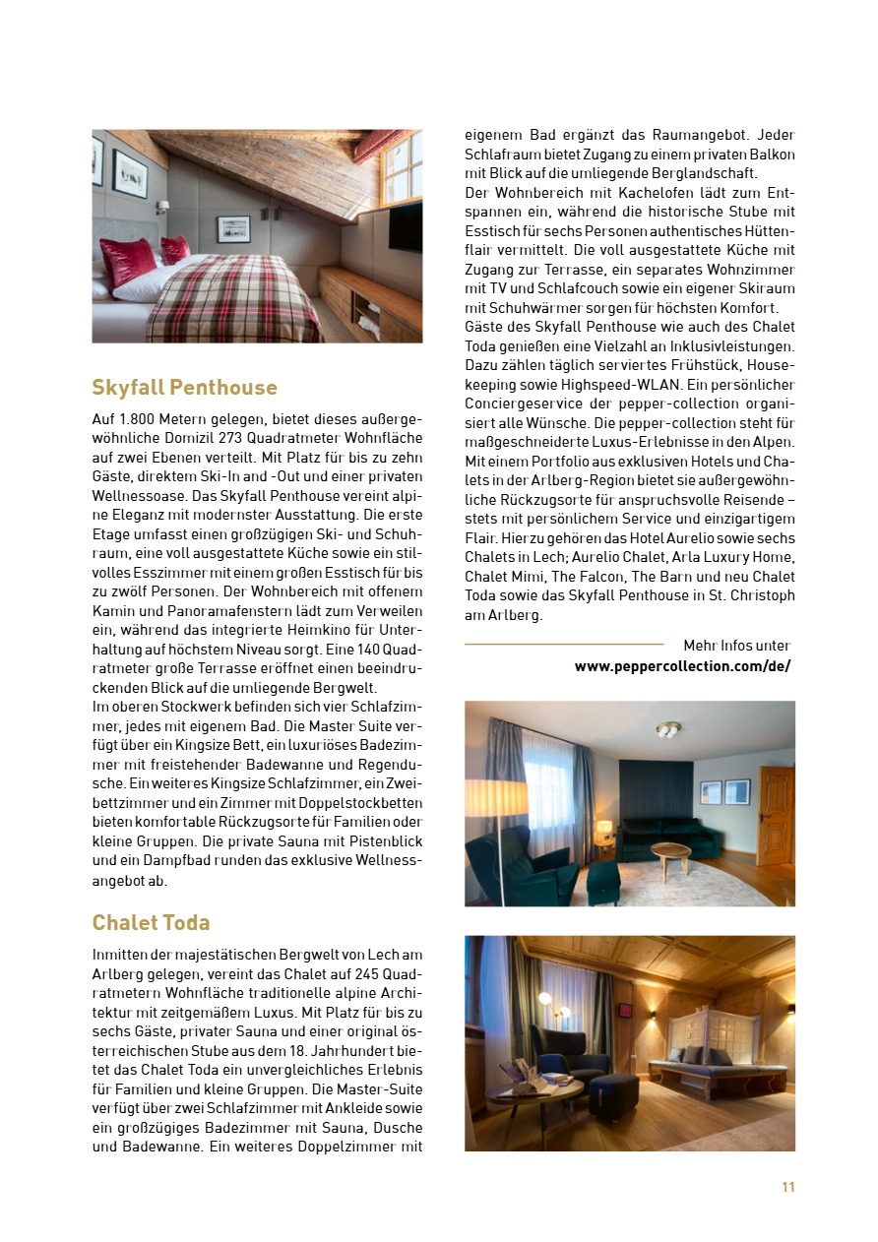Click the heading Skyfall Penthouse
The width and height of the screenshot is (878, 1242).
(184, 387)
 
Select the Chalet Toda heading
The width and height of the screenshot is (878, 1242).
(151, 922)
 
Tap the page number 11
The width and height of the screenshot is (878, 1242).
(787, 1187)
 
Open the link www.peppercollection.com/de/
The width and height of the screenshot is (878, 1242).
(682, 666)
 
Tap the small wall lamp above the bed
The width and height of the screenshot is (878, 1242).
(162, 207)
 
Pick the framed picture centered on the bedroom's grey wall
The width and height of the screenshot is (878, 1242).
(233, 228)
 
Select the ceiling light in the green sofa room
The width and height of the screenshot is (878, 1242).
(668, 728)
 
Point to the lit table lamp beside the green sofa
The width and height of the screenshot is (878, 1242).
(604, 830)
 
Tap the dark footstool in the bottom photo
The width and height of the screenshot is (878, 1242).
(613, 1093)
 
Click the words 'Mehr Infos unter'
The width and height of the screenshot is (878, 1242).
(736, 646)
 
